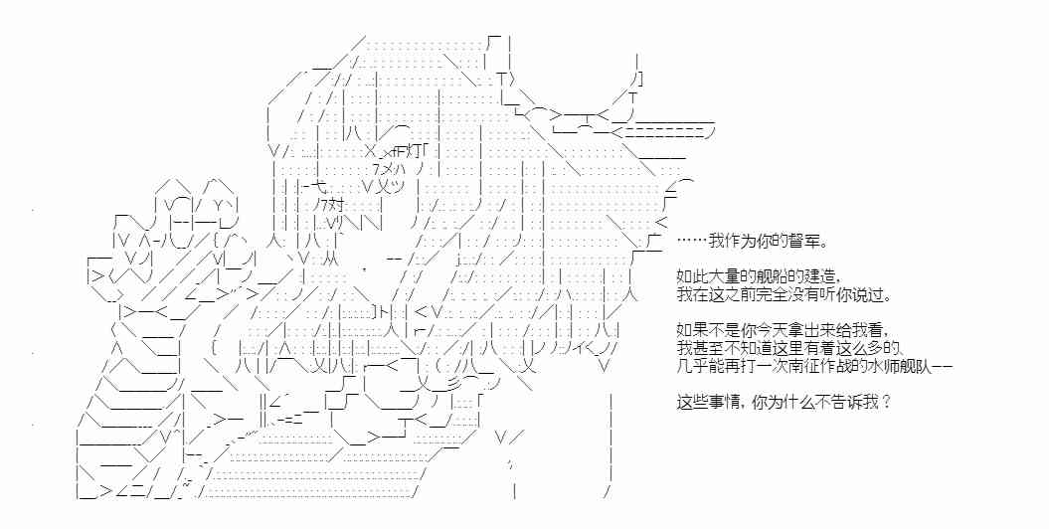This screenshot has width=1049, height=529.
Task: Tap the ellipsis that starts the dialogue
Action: (690, 242)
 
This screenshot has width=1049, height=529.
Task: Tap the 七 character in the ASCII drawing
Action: (310, 186)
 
